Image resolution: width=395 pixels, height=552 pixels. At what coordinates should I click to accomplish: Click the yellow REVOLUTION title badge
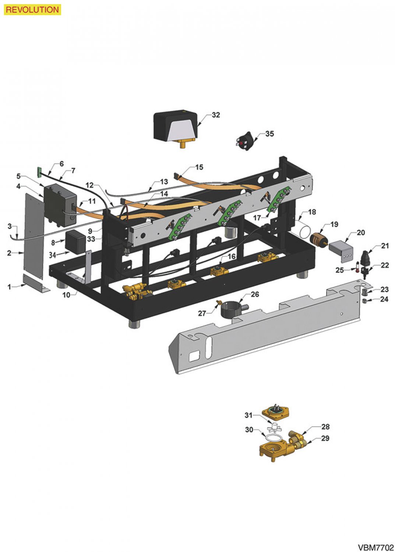pos(32,10)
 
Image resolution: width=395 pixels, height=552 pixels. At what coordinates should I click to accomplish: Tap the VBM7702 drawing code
pos(375,547)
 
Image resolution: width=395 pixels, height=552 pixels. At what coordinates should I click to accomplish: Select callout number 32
pos(216,115)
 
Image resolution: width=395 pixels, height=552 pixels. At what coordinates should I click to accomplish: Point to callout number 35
pos(269,134)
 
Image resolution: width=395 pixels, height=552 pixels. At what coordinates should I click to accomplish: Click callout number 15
pos(199,167)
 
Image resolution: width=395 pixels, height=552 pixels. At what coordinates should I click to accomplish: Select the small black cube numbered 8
pos(75,241)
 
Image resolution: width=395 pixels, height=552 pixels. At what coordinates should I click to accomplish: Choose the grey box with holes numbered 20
pos(341,250)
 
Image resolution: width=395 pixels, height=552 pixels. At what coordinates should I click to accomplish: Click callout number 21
pos(385,245)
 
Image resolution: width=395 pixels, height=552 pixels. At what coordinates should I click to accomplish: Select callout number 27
pos(202,313)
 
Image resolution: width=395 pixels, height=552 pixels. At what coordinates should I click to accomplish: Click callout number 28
pos(325,427)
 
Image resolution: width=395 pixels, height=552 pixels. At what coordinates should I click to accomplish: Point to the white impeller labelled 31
pos(275,428)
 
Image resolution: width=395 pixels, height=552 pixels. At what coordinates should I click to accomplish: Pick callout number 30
pos(249,429)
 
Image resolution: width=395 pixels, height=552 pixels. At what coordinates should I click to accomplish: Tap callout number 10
pos(66,294)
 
